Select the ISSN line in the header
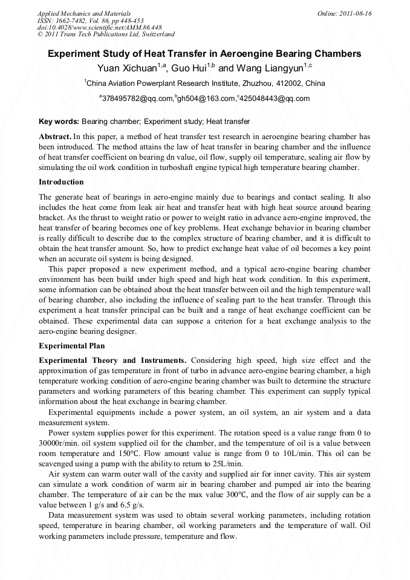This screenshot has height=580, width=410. (x=90, y=21)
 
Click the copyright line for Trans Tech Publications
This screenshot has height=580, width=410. (x=106, y=35)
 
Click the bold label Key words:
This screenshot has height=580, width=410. (x=59, y=122)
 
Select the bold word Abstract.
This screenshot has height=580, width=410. (x=56, y=137)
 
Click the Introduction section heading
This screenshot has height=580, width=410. (x=61, y=181)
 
